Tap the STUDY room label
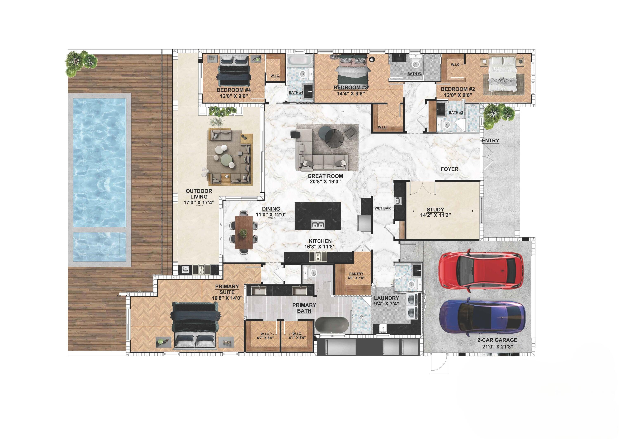click(435, 209)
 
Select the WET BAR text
click(382, 208)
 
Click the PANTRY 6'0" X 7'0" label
click(356, 276)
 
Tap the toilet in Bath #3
click(415, 63)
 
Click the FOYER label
click(449, 169)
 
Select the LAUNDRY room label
click(386, 298)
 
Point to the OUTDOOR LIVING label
click(199, 194)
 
